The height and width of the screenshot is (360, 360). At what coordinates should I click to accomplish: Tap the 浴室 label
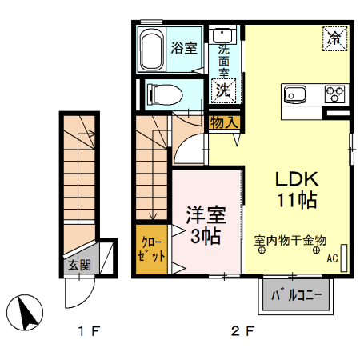click(184, 47)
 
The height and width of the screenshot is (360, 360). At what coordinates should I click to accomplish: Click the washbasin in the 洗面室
click(222, 36)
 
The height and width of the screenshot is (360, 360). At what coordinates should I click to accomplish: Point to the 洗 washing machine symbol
click(222, 90)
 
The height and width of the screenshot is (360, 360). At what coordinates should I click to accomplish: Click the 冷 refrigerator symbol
click(335, 38)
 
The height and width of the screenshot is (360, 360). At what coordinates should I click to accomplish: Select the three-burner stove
click(334, 94)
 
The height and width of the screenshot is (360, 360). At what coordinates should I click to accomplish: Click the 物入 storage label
click(224, 122)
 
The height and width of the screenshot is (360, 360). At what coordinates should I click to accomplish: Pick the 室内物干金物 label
click(290, 239)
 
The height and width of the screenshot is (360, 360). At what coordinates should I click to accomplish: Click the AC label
click(332, 258)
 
